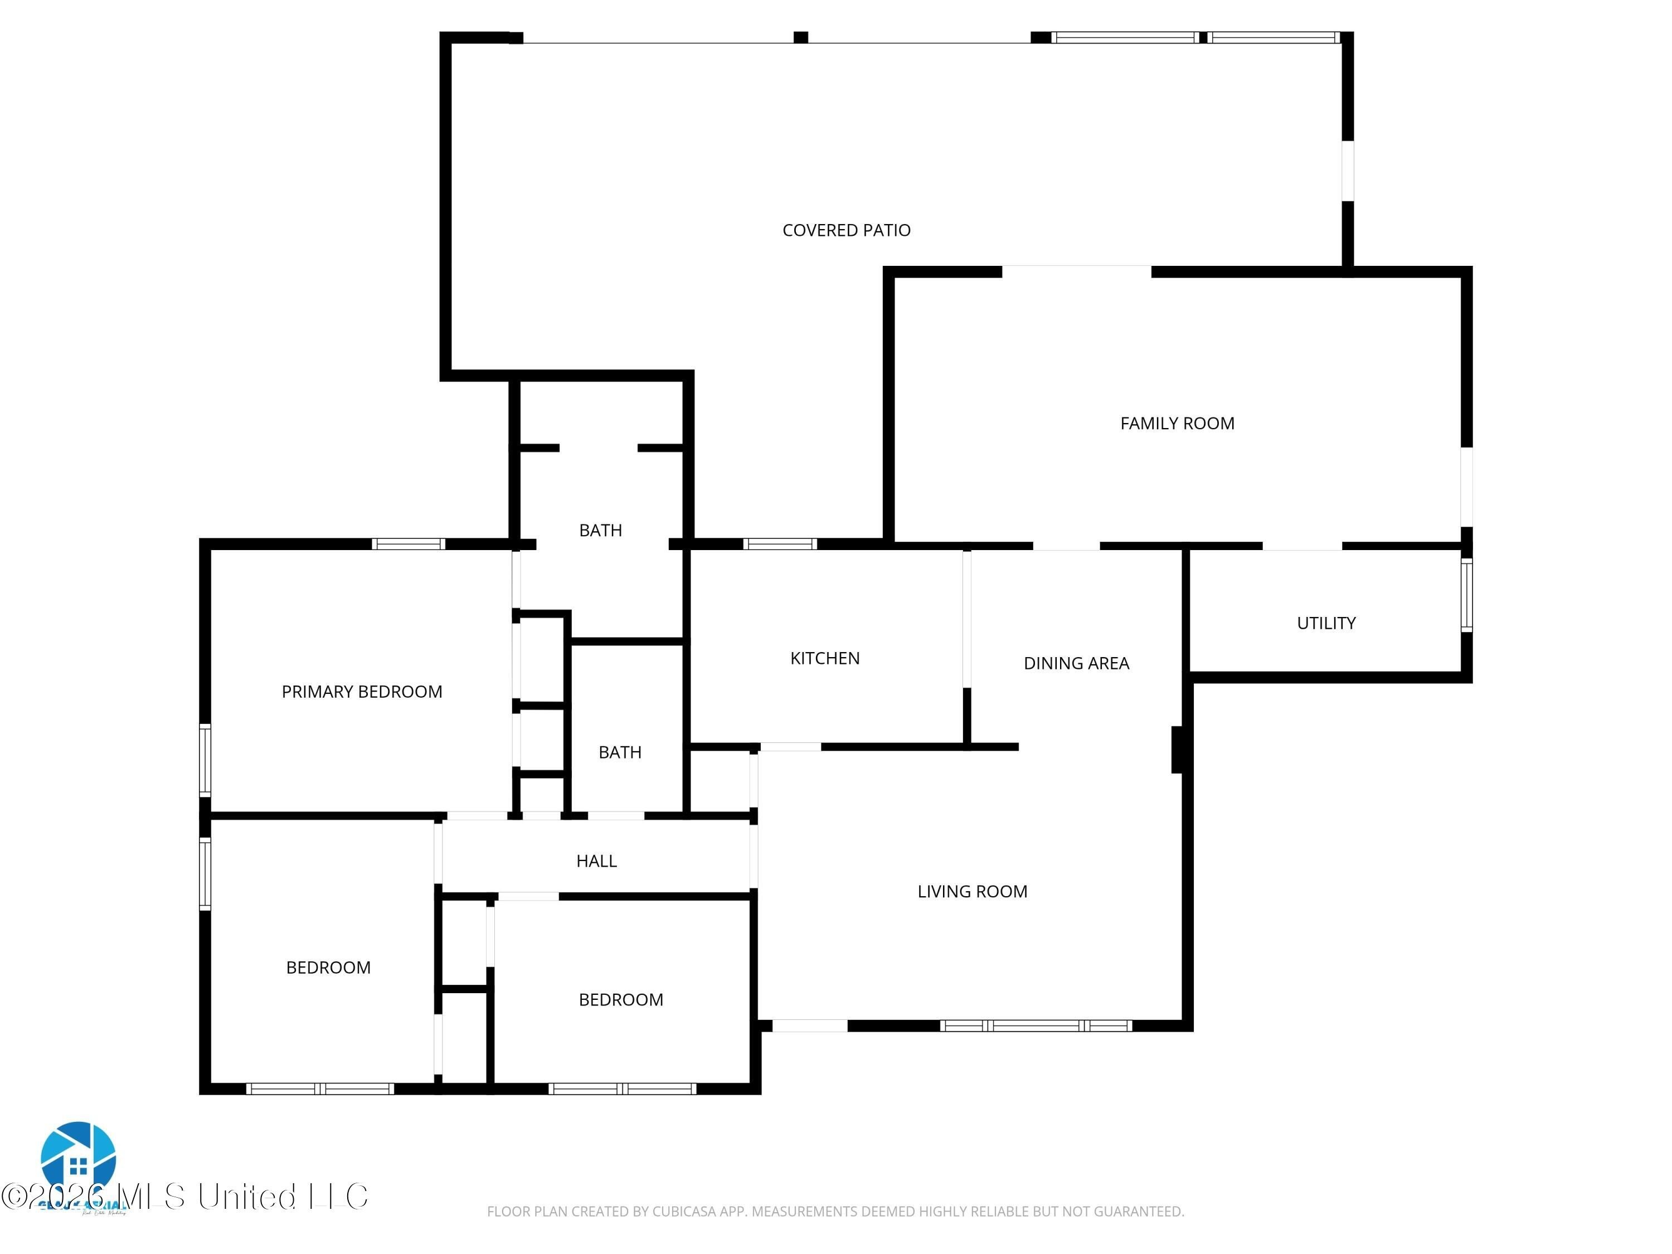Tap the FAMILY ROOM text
[x=1177, y=423]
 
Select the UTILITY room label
[x=1326, y=623]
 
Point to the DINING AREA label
[x=1076, y=663]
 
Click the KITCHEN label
[x=825, y=658]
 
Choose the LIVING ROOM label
[x=972, y=891]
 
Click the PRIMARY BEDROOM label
[x=361, y=691]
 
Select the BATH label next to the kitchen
[x=620, y=751]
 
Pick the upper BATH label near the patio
[x=600, y=530]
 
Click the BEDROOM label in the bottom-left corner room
[x=328, y=967]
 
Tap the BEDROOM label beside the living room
[x=620, y=999]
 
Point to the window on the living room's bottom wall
[x=1036, y=1025]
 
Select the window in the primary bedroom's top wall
[x=408, y=543]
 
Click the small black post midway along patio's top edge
[x=800, y=37]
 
